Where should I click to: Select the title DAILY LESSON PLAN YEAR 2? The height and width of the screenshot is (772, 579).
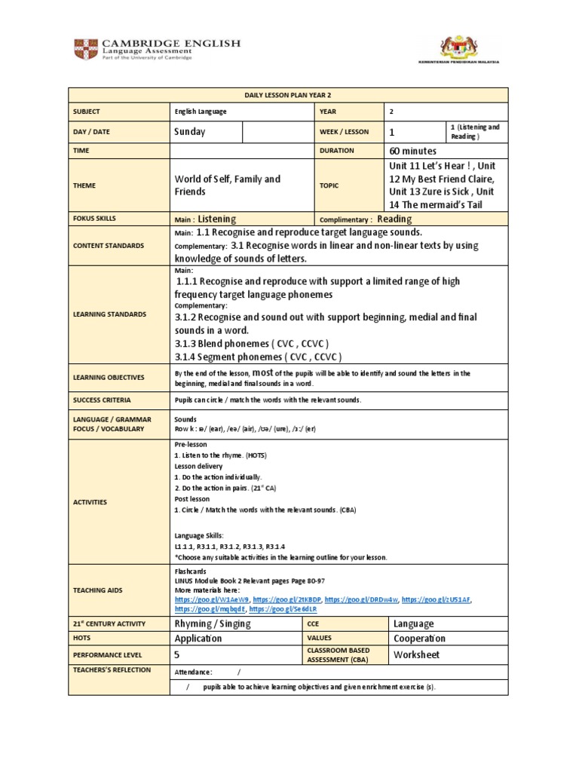[288, 95]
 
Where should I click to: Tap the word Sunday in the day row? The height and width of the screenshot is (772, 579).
[189, 131]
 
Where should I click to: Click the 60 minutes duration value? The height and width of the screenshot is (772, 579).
[412, 151]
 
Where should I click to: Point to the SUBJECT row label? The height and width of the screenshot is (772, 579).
[87, 111]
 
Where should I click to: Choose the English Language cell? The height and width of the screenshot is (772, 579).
[201, 111]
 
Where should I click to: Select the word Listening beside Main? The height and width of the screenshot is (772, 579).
[217, 219]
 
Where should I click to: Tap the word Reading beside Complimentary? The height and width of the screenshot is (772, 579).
[394, 219]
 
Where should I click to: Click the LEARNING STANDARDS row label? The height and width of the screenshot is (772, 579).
[109, 314]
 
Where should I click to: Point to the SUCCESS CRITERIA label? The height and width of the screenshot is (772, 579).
[101, 400]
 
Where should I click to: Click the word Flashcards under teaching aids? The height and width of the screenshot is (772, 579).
[191, 571]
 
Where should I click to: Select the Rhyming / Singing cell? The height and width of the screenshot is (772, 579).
[213, 623]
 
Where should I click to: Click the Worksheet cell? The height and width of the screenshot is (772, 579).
[416, 654]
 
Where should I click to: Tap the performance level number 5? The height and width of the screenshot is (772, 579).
[177, 655]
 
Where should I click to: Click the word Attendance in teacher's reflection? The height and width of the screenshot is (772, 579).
[193, 672]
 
